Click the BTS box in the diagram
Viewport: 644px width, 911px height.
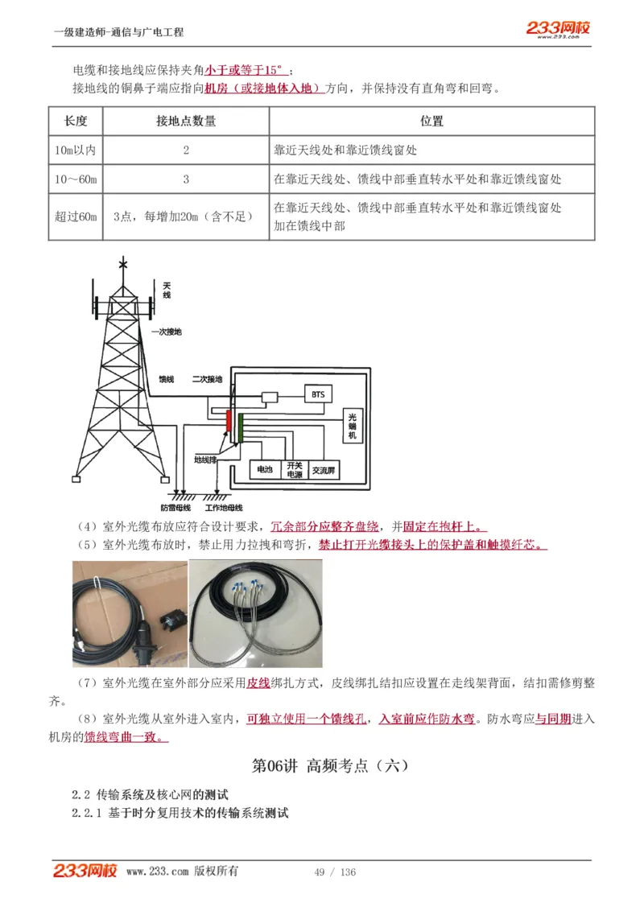pyautogui.click(x=317, y=394)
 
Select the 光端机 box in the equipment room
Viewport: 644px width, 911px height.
pyautogui.click(x=351, y=426)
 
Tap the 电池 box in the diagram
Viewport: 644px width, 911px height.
pyautogui.click(x=264, y=468)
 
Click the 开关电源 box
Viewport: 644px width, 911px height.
pyautogui.click(x=294, y=469)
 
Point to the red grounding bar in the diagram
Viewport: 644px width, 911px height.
pyautogui.click(x=229, y=422)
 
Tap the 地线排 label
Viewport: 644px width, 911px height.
pyautogui.click(x=205, y=460)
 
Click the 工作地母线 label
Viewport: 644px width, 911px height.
pyautogui.click(x=224, y=508)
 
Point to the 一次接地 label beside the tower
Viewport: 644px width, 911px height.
pyautogui.click(x=167, y=331)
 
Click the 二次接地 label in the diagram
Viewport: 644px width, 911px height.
pyautogui.click(x=207, y=378)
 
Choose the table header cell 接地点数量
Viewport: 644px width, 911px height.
pyautogui.click(x=186, y=122)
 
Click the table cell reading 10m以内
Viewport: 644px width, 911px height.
pyautogui.click(x=76, y=150)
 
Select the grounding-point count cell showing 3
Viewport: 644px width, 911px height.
pyautogui.click(x=186, y=179)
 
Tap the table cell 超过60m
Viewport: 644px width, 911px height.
pyautogui.click(x=76, y=216)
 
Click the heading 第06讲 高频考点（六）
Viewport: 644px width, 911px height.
pyautogui.click(x=330, y=765)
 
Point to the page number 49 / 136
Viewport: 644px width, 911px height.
pyautogui.click(x=335, y=872)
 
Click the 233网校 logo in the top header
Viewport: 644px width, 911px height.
pyautogui.click(x=558, y=29)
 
